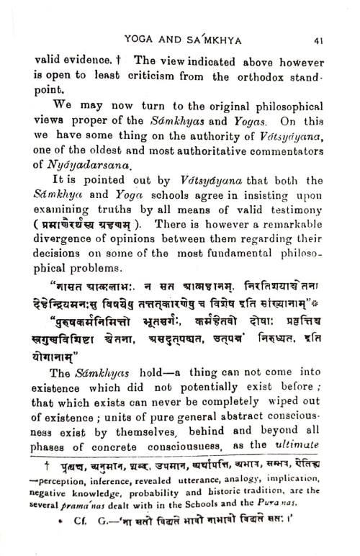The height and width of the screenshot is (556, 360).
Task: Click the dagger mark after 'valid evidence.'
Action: tap(114, 60)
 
